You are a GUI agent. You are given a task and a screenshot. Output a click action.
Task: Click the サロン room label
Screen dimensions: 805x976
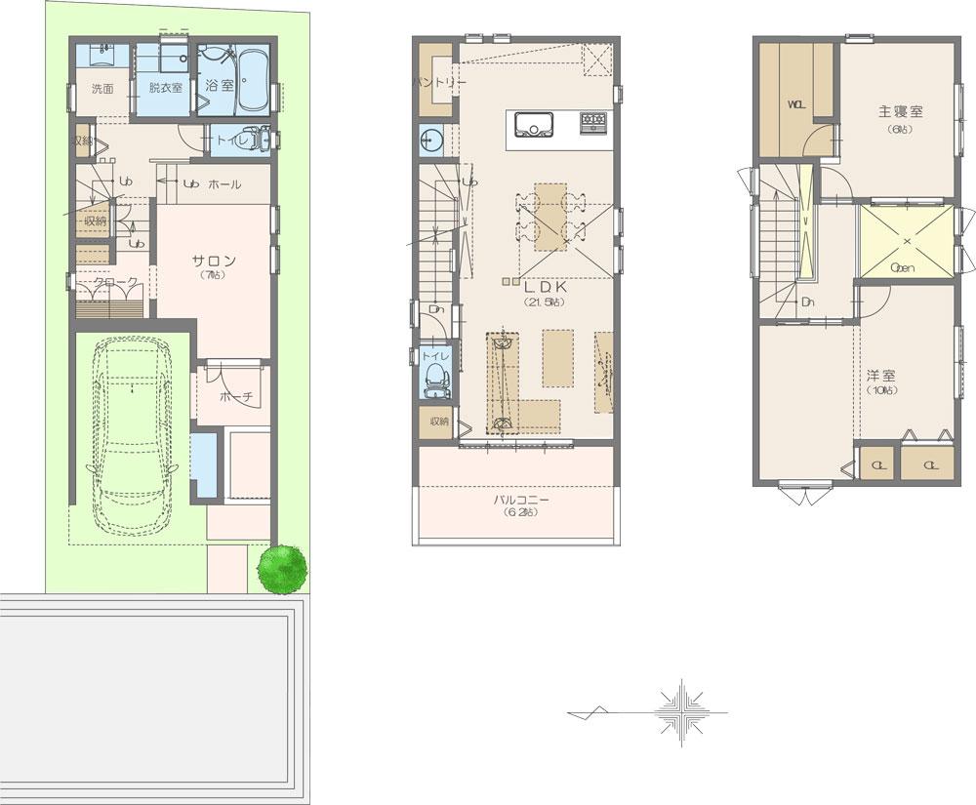[x=213, y=261]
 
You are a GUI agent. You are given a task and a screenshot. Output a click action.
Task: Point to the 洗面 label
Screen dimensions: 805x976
[x=102, y=89]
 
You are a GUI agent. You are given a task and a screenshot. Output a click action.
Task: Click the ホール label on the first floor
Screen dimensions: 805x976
[x=224, y=183]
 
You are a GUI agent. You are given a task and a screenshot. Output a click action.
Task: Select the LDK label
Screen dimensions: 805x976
[x=542, y=289]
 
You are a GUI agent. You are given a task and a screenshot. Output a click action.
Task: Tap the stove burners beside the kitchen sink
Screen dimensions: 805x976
[x=593, y=123]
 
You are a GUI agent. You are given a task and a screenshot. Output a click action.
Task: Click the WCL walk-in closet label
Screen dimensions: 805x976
[x=795, y=105]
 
